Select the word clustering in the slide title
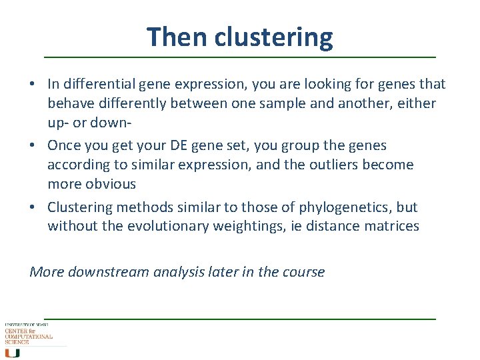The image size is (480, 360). click(x=273, y=37)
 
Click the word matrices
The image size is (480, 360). click(x=391, y=226)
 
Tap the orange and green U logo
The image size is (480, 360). click(x=13, y=353)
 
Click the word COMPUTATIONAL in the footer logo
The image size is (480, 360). click(x=29, y=337)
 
